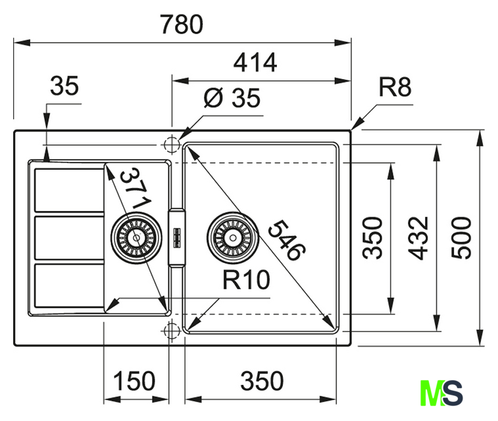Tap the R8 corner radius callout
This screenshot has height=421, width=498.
pos(395,87)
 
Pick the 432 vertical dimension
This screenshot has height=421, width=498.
pos(420,237)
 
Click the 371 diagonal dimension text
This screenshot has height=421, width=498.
pos(137,188)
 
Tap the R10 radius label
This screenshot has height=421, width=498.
pos(246,281)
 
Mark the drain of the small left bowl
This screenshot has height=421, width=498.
pos(136,235)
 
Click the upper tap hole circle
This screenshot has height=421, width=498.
pos(170,144)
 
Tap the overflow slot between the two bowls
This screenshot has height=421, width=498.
pos(176,236)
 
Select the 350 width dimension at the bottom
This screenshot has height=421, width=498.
pos(262,380)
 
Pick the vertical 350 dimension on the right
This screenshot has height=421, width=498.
pos(374,237)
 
